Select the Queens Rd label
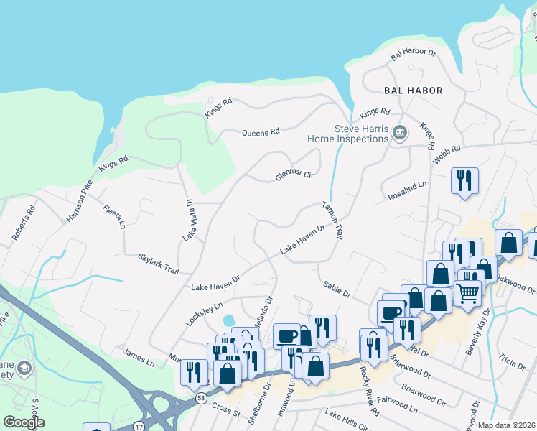260,133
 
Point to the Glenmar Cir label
294,175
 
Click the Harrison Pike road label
80,200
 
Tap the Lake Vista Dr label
189,220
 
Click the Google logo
24,422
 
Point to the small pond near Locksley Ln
229,320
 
